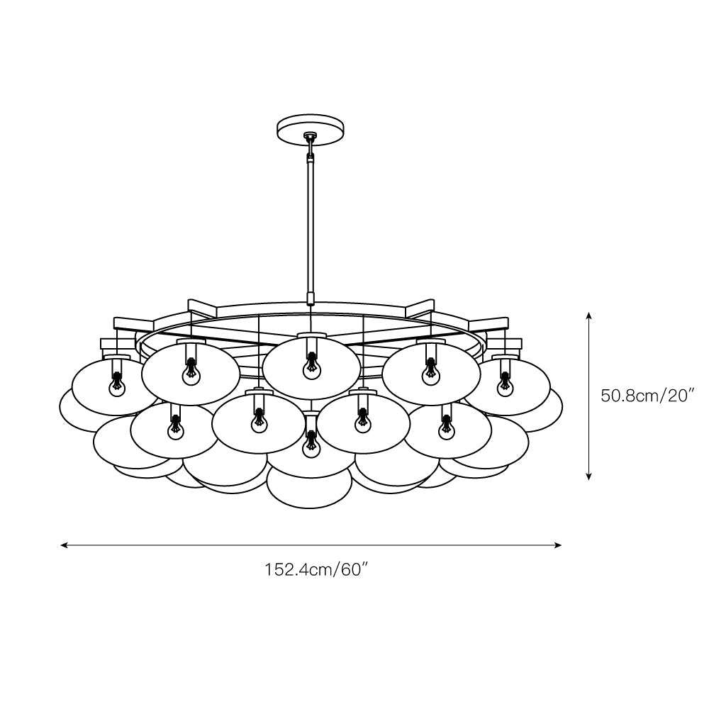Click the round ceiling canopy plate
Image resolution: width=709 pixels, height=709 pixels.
310,128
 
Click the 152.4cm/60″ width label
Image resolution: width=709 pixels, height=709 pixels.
318,569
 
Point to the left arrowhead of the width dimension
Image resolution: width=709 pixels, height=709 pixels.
64,545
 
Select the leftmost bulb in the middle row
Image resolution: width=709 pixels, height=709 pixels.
173,430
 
